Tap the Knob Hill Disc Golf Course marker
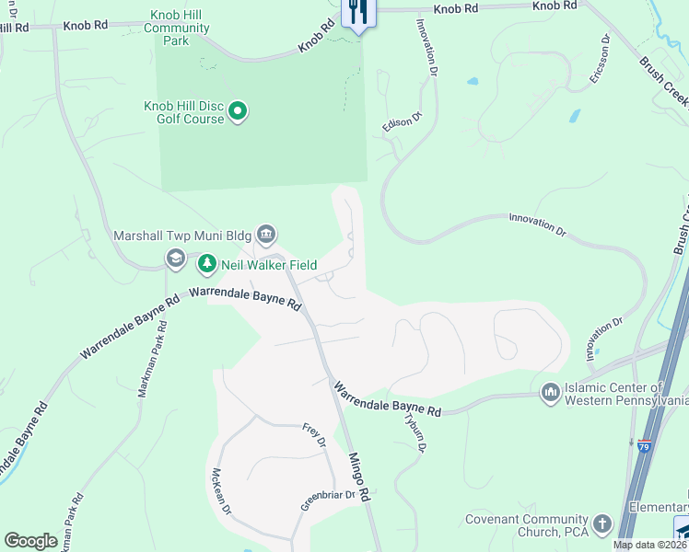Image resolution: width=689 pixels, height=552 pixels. (x=238, y=112)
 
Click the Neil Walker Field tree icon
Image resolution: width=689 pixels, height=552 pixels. (x=208, y=264)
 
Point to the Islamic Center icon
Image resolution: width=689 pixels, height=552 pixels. (x=551, y=393)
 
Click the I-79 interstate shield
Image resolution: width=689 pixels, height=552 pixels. (x=645, y=446)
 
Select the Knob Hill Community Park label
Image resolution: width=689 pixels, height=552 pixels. (x=181, y=29)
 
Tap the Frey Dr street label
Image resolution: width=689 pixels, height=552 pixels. (x=314, y=435)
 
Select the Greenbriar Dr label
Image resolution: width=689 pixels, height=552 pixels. (x=329, y=500)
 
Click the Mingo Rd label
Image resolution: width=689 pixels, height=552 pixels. (x=358, y=476)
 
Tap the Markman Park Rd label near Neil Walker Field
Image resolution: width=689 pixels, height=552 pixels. (x=153, y=358)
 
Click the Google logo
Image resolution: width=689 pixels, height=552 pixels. (x=30, y=541)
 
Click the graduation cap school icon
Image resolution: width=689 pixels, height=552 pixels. (x=175, y=259)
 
